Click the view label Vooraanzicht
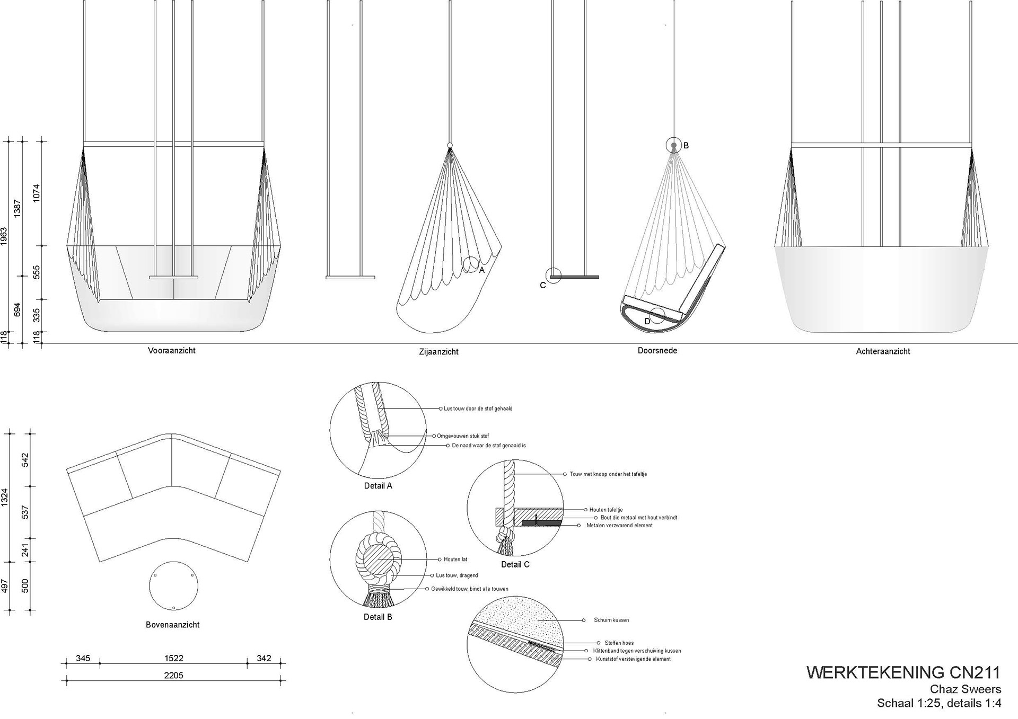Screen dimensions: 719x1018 [171, 351]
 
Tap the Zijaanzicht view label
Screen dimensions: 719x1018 [438, 352]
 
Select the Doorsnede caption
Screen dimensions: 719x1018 [657, 351]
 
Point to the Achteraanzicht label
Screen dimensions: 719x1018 [883, 351]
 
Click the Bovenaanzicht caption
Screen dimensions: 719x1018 [173, 625]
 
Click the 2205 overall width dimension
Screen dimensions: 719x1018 [173, 676]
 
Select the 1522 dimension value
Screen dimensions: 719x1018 [173, 659]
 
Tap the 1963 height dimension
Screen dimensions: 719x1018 [4, 236]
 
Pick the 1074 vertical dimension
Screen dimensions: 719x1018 [37, 193]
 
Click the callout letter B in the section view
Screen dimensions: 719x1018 [686, 146]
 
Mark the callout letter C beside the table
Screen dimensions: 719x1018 [542, 286]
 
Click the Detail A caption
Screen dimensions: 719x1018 [378, 486]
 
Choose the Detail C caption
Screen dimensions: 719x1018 [515, 565]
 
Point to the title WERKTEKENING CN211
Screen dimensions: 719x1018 [903, 672]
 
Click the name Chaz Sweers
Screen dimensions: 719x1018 [966, 689]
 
